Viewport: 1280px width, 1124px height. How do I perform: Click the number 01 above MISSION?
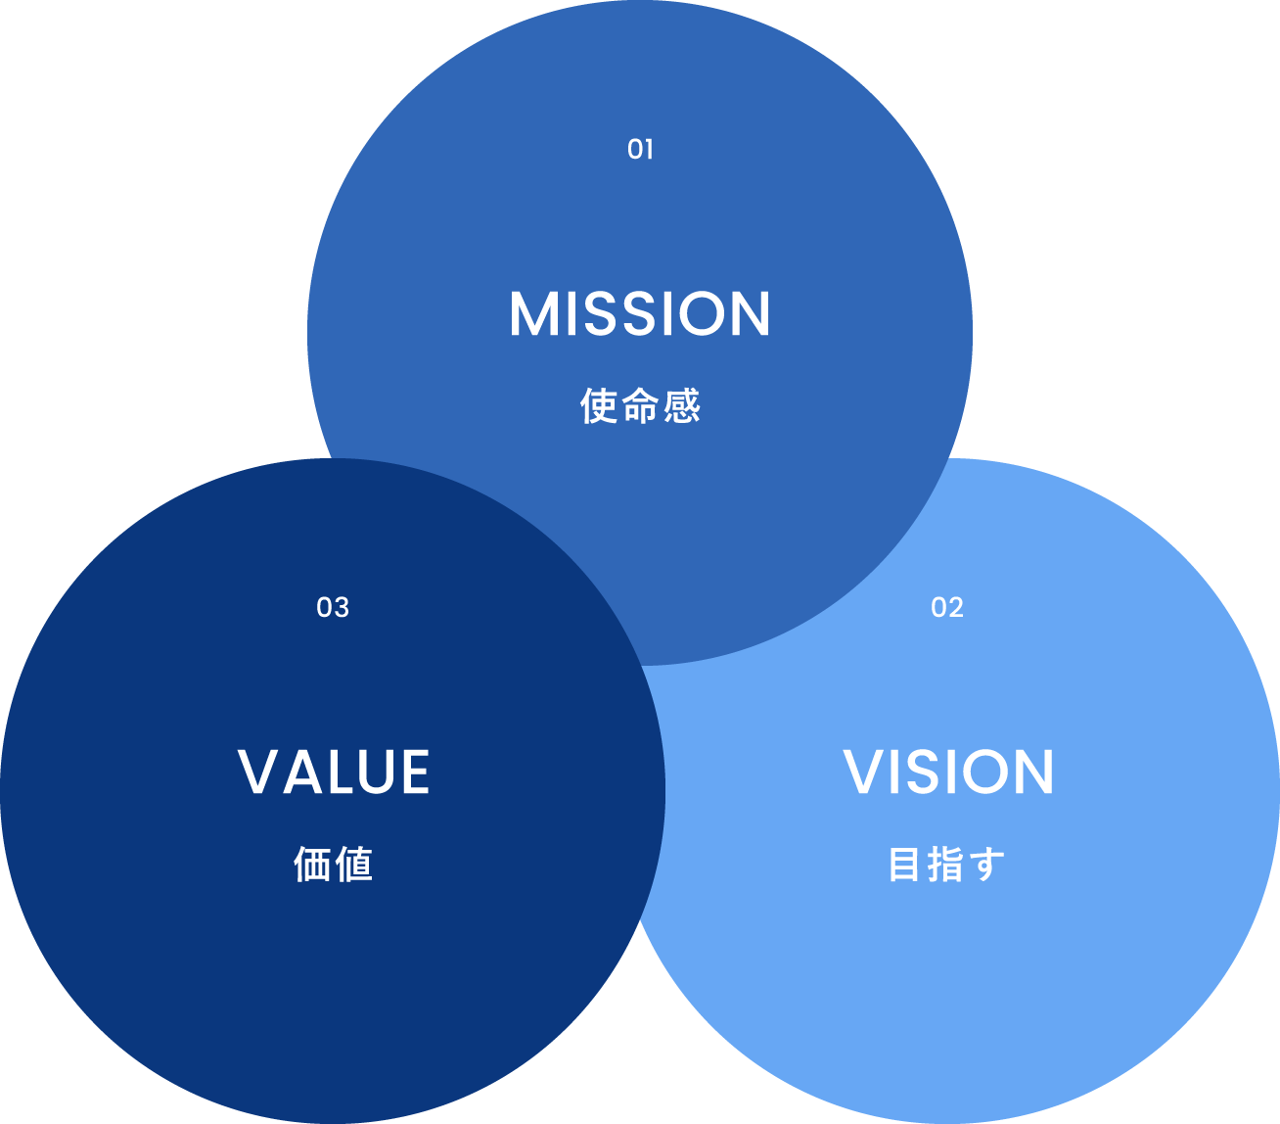point(640,150)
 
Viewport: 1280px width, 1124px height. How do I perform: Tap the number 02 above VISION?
point(947,608)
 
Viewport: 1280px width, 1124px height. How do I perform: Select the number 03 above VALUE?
point(333,608)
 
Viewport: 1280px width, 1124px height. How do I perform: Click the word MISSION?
point(640,314)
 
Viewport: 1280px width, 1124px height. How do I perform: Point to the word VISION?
point(948,773)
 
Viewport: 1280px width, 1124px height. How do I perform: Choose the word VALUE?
point(334,773)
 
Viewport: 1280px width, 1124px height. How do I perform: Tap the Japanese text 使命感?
point(640,406)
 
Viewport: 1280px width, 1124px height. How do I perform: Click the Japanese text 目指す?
point(947,865)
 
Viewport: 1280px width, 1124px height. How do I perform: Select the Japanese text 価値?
point(333,865)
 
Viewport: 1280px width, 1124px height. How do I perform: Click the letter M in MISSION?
point(533,314)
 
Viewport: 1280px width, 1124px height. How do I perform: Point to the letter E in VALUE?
point(412,773)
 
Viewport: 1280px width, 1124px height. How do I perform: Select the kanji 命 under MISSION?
point(640,406)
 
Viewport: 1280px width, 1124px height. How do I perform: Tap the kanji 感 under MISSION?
point(682,406)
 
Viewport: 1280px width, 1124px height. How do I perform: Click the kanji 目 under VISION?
point(905,865)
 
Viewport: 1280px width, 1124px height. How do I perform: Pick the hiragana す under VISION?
point(988,865)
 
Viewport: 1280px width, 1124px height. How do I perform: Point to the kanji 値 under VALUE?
point(354,865)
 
